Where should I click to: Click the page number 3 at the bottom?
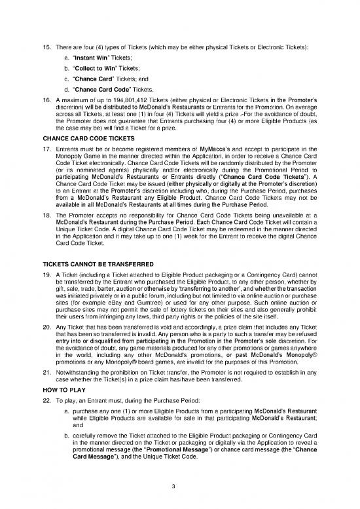[x=181, y=485]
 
